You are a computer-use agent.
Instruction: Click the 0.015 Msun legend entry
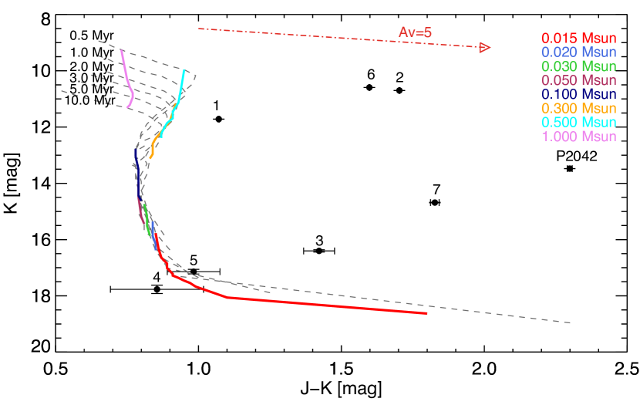pyautogui.click(x=578, y=38)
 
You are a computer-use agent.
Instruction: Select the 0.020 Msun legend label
pyautogui.click(x=578, y=52)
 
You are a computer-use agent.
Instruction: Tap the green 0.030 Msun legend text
pyautogui.click(x=578, y=66)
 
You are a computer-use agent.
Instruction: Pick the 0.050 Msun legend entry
pyautogui.click(x=578, y=80)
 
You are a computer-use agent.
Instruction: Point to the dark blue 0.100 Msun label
pyautogui.click(x=578, y=94)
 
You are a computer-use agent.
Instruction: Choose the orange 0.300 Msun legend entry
pyautogui.click(x=578, y=108)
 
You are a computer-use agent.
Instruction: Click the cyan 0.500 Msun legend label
pyautogui.click(x=578, y=123)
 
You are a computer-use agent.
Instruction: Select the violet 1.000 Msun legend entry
pyautogui.click(x=578, y=137)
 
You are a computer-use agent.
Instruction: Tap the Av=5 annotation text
pyautogui.click(x=415, y=32)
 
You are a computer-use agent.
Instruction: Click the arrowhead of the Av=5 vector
pyautogui.click(x=485, y=48)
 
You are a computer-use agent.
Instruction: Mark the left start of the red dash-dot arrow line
pyautogui.click(x=199, y=29)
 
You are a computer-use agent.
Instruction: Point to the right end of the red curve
pyautogui.click(x=426, y=313)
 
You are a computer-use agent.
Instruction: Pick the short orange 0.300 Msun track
pyautogui.click(x=153, y=146)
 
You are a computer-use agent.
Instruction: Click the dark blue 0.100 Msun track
pyautogui.click(x=137, y=174)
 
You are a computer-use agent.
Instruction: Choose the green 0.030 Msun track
pyautogui.click(x=147, y=219)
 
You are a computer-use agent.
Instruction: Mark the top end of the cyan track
pyautogui.click(x=185, y=72)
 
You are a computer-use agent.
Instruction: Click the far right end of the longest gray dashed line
pyautogui.click(x=571, y=322)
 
